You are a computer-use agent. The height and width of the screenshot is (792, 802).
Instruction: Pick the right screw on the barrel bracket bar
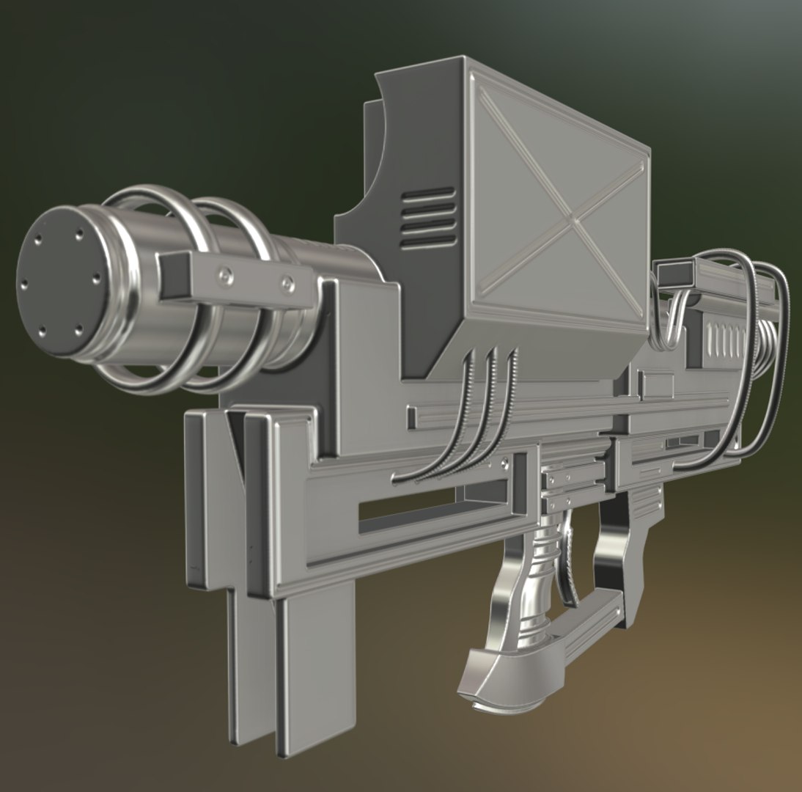pyautogui.click(x=288, y=282)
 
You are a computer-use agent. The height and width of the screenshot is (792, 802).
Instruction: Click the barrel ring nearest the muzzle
pyautogui.click(x=158, y=286)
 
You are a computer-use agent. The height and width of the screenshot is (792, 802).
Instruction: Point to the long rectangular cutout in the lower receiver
pyautogui.click(x=440, y=510)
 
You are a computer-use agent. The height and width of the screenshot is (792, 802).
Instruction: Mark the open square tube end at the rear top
pyautogui.click(x=674, y=275)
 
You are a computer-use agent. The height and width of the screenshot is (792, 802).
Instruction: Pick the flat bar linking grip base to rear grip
pyautogui.click(x=586, y=623)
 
